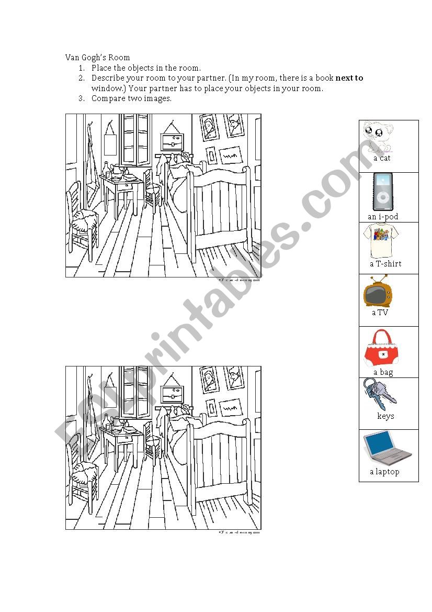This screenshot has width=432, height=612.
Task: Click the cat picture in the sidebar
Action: point(377,136)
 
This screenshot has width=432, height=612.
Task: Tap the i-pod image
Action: point(383,192)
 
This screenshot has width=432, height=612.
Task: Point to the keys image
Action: point(379,394)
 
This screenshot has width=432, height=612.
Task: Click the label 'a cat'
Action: point(382,158)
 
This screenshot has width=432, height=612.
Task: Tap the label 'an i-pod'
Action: point(383,216)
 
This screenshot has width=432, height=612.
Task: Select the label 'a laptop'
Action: point(384,472)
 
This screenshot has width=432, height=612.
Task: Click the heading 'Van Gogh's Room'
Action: point(98,58)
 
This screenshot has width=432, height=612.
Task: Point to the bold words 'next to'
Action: point(349,78)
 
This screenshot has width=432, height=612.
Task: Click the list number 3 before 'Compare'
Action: point(81,98)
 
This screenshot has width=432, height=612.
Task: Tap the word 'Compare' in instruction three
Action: point(109,98)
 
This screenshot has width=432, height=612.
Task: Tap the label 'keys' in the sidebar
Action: point(385,416)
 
